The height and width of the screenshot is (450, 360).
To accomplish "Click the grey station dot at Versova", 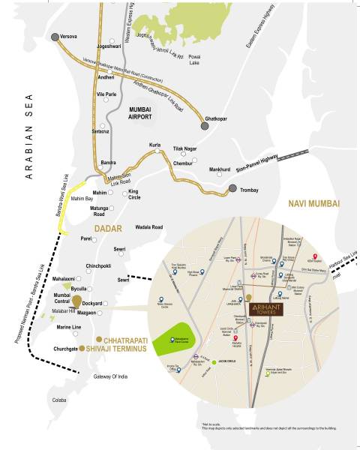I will point(54,36).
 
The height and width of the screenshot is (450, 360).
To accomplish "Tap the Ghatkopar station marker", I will point(204,118).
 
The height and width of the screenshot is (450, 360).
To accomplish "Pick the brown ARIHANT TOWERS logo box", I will point(267,307).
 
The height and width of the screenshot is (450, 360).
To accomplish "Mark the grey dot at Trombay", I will point(232,190).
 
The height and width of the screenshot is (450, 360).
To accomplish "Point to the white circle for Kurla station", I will point(157,151).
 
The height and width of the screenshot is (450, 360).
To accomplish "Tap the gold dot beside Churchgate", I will point(82,349).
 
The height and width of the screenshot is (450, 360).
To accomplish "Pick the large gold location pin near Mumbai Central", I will point(76,302).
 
